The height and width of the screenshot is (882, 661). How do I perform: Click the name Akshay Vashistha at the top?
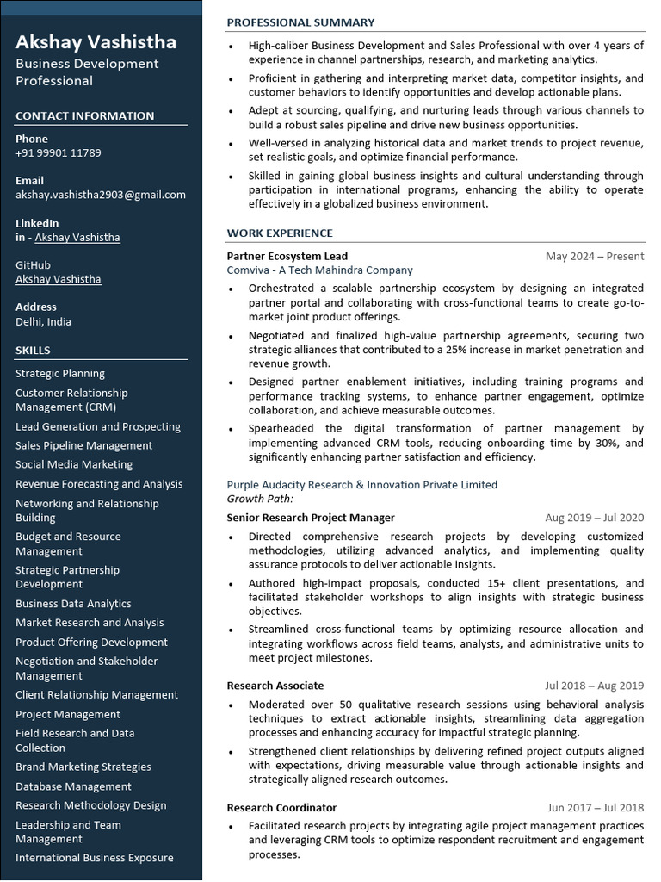[x=96, y=41]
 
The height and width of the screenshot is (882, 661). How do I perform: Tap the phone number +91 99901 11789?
[x=58, y=153]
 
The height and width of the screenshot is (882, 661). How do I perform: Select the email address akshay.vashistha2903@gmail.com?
[x=101, y=195]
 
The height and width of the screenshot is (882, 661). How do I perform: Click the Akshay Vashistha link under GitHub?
[x=58, y=279]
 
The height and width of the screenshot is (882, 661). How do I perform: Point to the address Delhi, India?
[x=43, y=321]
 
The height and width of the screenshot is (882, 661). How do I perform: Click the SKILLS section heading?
[x=33, y=351]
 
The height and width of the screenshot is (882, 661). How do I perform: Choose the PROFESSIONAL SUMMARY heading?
[x=300, y=22]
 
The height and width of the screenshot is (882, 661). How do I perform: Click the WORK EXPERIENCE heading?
[x=280, y=233]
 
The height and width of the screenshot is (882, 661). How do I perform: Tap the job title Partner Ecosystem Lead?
[x=287, y=256]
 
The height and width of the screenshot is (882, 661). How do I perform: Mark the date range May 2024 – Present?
[x=594, y=256]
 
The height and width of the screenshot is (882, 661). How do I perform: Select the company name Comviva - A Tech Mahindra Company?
[x=320, y=270]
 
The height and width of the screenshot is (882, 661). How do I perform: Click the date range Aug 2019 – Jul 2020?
[x=594, y=518]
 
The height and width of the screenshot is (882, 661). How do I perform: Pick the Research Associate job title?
[x=275, y=686]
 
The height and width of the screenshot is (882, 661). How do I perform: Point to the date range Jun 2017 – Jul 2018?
[x=595, y=808]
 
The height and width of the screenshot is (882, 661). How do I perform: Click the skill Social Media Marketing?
[x=74, y=464]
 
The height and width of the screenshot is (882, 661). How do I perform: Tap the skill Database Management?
[x=73, y=786]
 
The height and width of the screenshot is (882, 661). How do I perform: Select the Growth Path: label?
[x=260, y=499]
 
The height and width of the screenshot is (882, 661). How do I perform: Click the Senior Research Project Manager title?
[x=311, y=518]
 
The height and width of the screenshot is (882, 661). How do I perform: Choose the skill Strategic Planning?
[x=60, y=374]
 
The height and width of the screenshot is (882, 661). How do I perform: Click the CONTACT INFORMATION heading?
[x=84, y=116]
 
